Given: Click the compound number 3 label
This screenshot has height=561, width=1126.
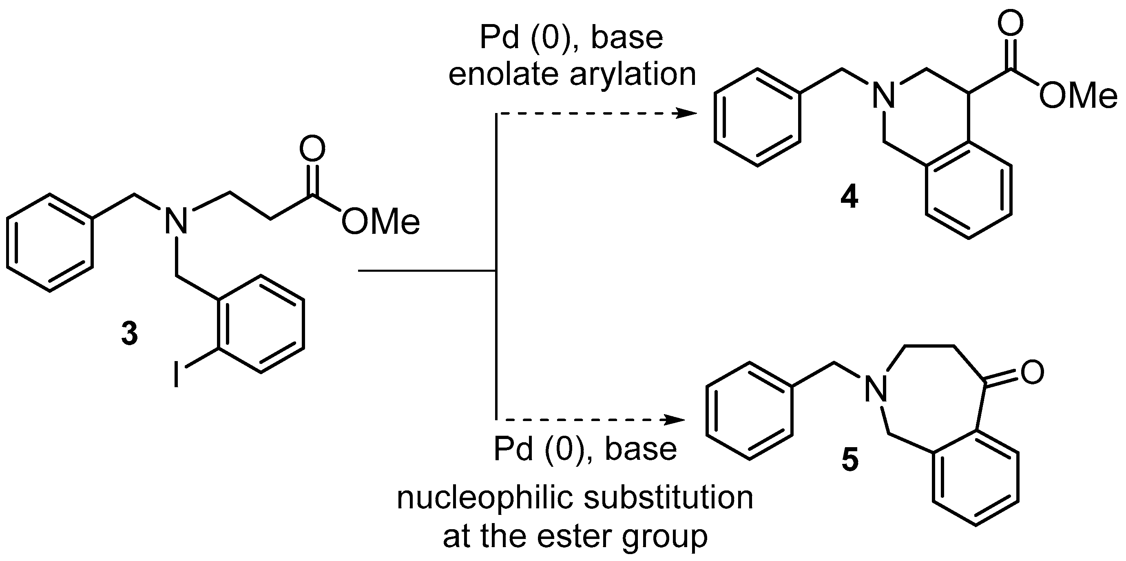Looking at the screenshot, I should tap(129, 334).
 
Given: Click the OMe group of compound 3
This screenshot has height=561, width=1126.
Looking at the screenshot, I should tap(380, 222).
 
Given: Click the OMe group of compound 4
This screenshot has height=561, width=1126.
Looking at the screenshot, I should tap(1077, 95).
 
